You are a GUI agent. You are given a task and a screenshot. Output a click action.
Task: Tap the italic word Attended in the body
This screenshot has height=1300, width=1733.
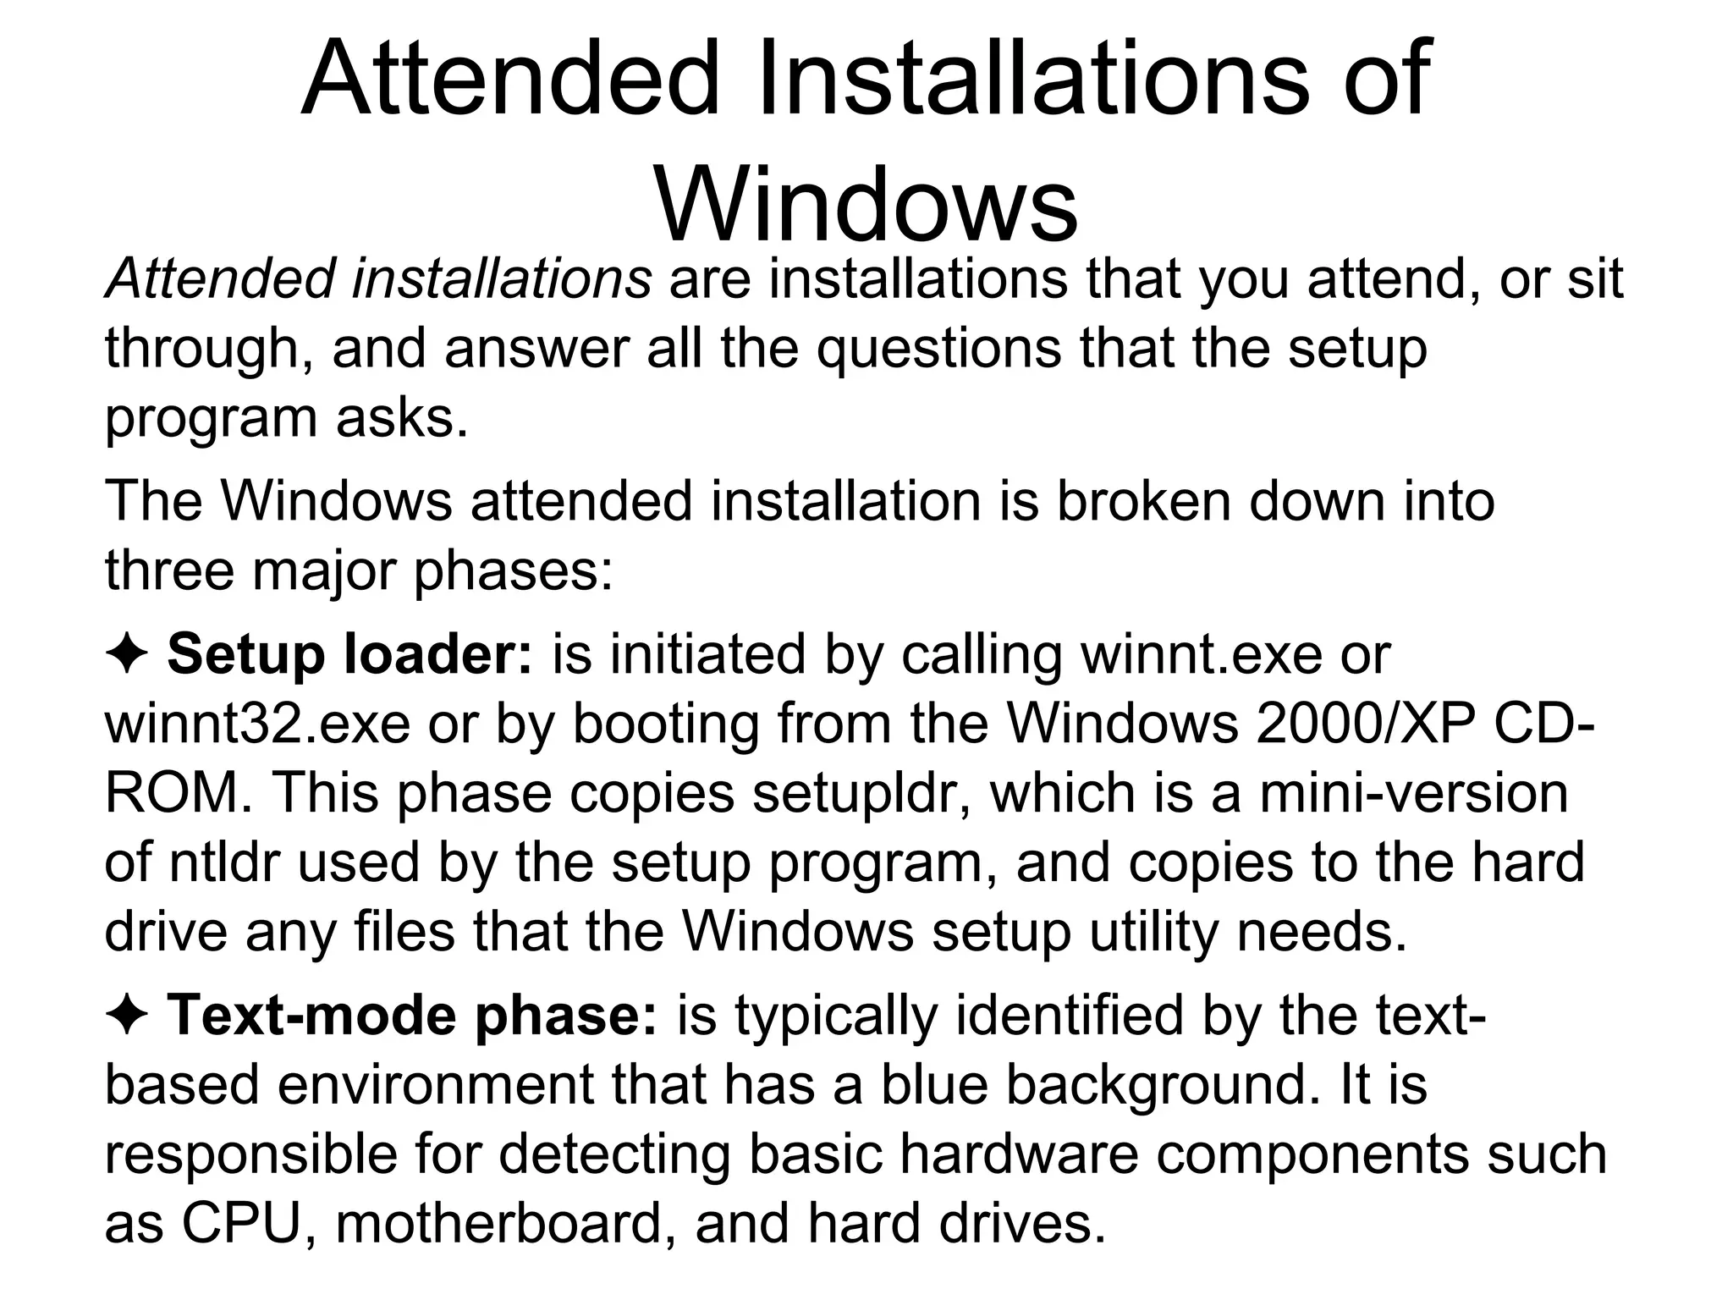click(x=219, y=278)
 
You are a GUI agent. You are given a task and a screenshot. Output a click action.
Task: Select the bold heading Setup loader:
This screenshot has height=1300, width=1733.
click(x=350, y=654)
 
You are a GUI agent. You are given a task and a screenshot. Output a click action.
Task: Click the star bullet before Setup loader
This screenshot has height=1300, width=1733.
click(x=127, y=656)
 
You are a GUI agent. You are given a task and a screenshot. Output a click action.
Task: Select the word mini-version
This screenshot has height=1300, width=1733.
click(x=1413, y=794)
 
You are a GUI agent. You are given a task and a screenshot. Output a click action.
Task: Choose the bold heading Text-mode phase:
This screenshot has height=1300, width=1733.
click(x=412, y=1015)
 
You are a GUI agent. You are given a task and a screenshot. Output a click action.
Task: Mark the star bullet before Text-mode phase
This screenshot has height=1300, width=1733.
click(x=127, y=1016)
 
